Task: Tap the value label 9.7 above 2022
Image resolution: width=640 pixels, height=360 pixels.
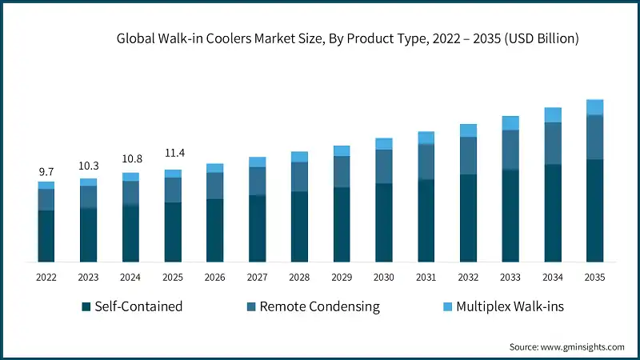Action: pos(46,171)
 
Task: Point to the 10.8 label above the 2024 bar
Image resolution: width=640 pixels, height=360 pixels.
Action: pos(130,158)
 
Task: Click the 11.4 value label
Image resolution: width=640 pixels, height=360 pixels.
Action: pos(173,152)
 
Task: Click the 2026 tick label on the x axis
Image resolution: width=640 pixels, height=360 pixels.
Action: pos(214,277)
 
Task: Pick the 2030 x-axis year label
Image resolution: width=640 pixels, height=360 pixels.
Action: pos(384,277)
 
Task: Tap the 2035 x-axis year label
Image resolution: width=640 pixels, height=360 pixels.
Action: pos(594,277)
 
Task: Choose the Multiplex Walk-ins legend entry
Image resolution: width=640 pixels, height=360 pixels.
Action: pos(503,306)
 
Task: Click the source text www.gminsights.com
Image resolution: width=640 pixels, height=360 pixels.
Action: pos(566,346)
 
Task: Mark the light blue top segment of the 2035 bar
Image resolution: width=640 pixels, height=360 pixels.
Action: pos(594,107)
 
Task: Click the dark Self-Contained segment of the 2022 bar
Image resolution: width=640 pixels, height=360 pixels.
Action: pos(46,236)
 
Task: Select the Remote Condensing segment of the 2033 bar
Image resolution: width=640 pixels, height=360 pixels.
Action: pos(510,150)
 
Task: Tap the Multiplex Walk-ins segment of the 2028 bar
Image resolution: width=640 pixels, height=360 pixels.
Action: pos(299,157)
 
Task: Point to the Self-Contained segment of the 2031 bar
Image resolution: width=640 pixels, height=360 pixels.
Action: pos(426,221)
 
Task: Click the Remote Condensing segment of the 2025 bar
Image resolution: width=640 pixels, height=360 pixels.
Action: pos(173,190)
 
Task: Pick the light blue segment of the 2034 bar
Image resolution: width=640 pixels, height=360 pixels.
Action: pos(553,115)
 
